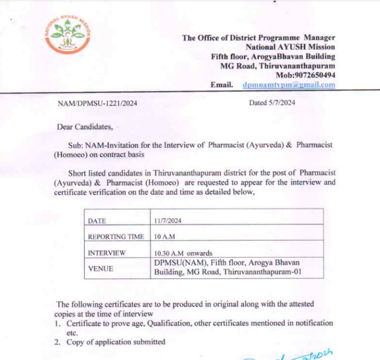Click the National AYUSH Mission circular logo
pyautogui.click(x=67, y=34)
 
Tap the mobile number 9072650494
pyautogui.click(x=316, y=75)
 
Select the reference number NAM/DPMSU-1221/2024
pyautogui.click(x=97, y=103)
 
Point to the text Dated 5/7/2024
pyautogui.click(x=272, y=103)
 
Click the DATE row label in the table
pyautogui.click(x=98, y=220)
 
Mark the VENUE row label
pyautogui.click(x=101, y=267)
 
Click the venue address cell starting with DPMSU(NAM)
pyautogui.click(x=229, y=267)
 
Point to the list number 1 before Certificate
pyautogui.click(x=57, y=323)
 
